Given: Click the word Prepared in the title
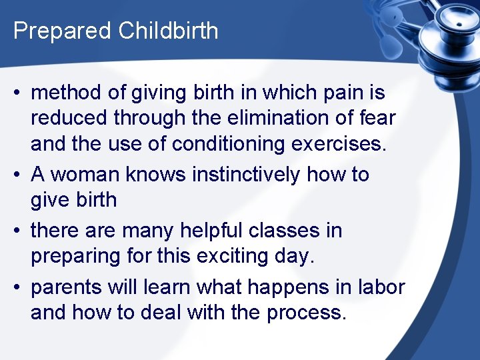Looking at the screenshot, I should point(57,31).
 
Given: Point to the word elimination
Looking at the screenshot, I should point(278,118).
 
